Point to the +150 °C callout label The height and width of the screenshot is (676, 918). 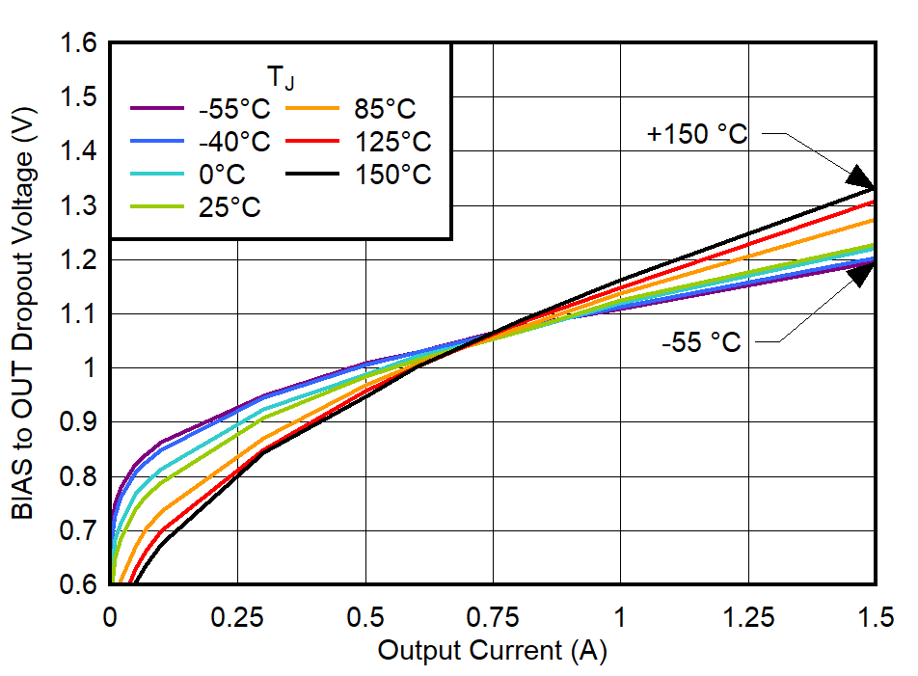pyautogui.click(x=697, y=135)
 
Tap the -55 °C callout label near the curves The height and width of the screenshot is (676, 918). pyautogui.click(x=701, y=341)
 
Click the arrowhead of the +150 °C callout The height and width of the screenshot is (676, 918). pyautogui.click(x=861, y=176)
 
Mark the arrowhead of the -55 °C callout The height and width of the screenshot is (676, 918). pyautogui.click(x=861, y=275)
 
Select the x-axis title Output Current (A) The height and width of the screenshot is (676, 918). pyautogui.click(x=492, y=651)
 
